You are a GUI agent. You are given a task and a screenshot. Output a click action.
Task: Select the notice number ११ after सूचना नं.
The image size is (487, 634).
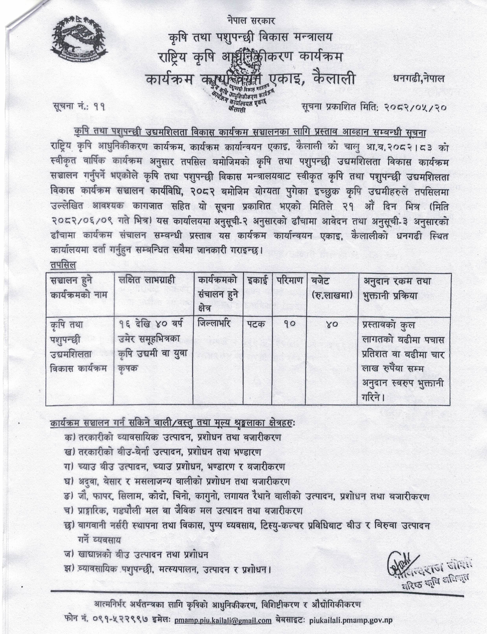click(99, 107)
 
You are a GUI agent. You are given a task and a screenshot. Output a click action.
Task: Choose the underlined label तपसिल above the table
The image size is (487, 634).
click(63, 265)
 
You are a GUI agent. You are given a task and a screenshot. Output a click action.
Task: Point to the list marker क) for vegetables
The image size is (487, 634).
click(70, 437)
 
